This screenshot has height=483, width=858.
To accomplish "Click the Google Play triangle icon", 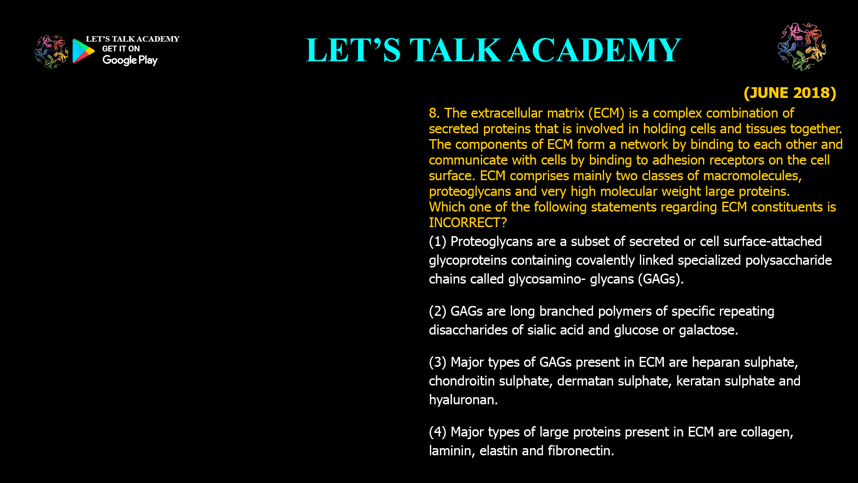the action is click(84, 51).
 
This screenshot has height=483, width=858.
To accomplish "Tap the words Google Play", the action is click(130, 60).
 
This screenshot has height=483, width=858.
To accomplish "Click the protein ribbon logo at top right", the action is click(802, 47).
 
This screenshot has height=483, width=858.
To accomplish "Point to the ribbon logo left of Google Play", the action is click(51, 52).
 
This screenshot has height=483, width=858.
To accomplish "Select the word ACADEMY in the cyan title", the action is click(595, 50).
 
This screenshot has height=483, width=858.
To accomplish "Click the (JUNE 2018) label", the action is click(790, 93).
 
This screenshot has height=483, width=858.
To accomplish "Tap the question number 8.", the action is click(434, 113).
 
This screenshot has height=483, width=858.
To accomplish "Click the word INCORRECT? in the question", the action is click(468, 223).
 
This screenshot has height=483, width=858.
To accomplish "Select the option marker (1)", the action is click(437, 241).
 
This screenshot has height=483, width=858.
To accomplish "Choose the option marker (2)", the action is click(437, 311).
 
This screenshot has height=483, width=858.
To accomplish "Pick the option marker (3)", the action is click(437, 362).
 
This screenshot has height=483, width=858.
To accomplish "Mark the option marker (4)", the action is click(437, 432).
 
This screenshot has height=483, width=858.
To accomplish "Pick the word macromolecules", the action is click(753, 176).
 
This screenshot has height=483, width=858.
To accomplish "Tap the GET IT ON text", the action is click(121, 49).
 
